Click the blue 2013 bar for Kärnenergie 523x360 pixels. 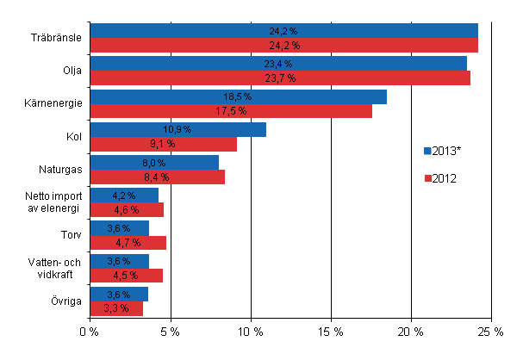(x=238, y=96)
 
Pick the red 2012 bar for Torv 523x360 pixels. (x=128, y=243)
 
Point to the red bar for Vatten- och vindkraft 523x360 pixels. (x=126, y=276)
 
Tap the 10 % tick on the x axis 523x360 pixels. (x=251, y=331)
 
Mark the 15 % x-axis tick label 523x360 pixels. (x=331, y=331)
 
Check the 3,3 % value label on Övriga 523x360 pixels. (x=115, y=307)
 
